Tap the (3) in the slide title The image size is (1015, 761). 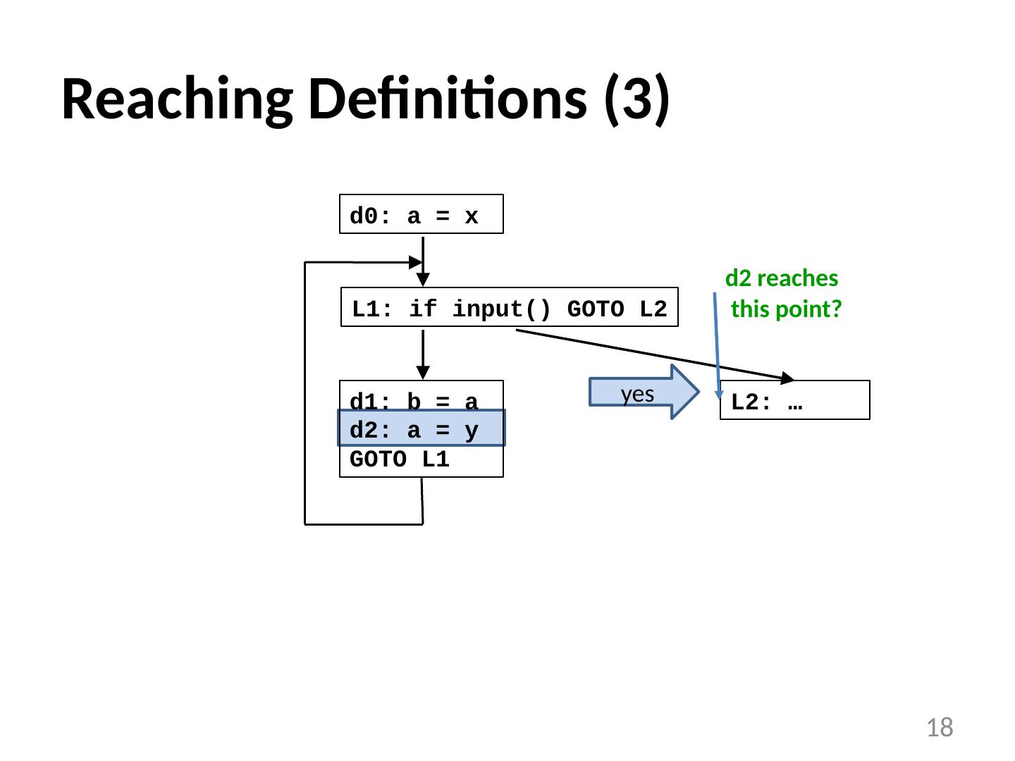tap(636, 99)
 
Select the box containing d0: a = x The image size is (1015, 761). tap(421, 214)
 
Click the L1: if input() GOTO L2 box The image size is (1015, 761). tap(509, 308)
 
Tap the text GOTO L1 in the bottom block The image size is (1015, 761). tap(399, 460)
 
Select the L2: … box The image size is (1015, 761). tap(794, 401)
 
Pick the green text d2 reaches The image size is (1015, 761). tap(781, 279)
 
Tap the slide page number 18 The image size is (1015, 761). tap(939, 727)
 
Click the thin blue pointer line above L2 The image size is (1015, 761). tap(716, 345)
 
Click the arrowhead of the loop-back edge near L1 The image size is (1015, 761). tap(415, 262)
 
